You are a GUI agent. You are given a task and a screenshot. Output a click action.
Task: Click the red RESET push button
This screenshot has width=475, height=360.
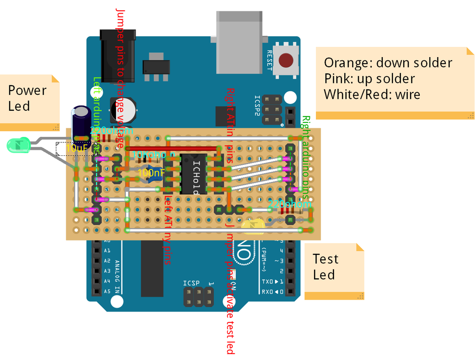286,60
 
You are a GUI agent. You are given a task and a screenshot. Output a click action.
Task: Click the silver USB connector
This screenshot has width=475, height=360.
240,42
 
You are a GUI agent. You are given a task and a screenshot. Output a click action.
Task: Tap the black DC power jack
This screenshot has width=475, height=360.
118,55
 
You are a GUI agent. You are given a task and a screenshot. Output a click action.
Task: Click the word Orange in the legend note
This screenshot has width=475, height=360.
347,63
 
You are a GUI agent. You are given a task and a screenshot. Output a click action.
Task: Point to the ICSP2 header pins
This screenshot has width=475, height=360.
271,109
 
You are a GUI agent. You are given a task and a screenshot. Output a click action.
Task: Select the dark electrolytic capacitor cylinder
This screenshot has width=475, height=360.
82,123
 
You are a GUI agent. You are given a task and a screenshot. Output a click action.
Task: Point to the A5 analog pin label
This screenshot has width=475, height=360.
107,291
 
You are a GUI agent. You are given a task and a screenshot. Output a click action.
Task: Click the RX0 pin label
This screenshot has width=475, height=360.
268,292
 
